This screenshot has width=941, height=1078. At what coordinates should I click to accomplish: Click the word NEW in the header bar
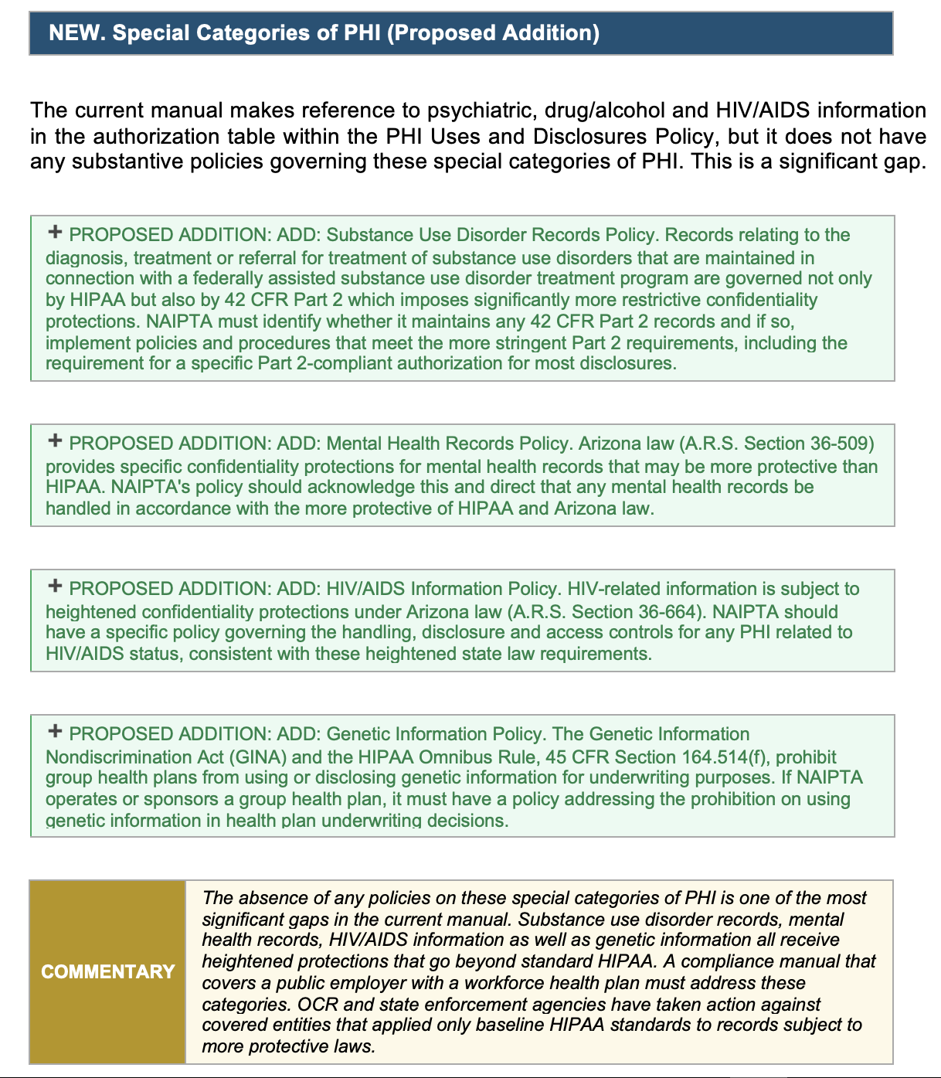76,32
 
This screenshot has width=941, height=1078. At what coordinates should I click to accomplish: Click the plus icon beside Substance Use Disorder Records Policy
55,232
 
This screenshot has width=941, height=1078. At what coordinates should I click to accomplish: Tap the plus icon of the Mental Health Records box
55,440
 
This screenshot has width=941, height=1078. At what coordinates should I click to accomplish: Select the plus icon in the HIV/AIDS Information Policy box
55,586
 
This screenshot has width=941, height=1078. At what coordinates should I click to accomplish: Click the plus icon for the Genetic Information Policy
55,731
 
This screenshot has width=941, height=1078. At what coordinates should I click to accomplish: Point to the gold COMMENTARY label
108,971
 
